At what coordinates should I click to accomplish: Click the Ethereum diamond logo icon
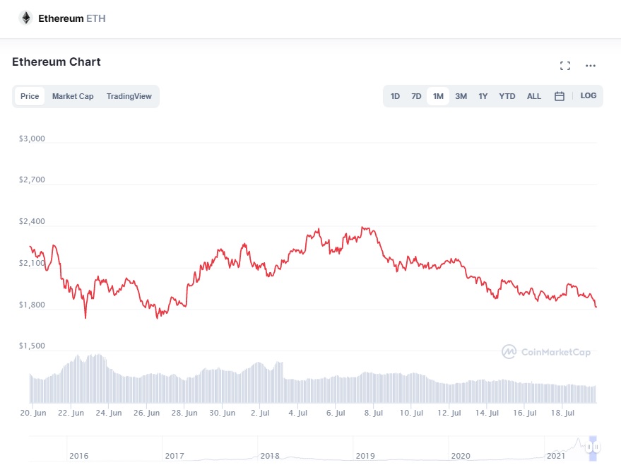[x=25, y=18]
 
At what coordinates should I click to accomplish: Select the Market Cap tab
[x=73, y=96]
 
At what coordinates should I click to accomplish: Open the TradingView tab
[x=129, y=96]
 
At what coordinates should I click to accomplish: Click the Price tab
[x=30, y=96]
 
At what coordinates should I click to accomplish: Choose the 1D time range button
[x=395, y=96]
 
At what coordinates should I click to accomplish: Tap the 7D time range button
[x=416, y=96]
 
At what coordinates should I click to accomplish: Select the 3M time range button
[x=461, y=96]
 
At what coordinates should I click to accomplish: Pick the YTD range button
[x=507, y=96]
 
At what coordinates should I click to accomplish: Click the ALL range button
[x=534, y=96]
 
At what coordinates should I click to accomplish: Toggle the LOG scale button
[x=589, y=95]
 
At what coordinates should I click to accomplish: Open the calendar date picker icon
[x=559, y=96]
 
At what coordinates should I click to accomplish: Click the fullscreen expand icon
[x=564, y=66]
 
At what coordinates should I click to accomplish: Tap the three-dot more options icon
[x=591, y=66]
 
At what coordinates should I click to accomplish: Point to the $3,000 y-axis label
[x=32, y=139]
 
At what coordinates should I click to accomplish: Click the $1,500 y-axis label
[x=32, y=346]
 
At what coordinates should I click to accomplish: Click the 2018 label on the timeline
[x=270, y=456]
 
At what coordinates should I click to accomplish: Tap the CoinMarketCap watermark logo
[x=546, y=351]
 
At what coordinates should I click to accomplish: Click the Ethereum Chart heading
[x=57, y=61]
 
